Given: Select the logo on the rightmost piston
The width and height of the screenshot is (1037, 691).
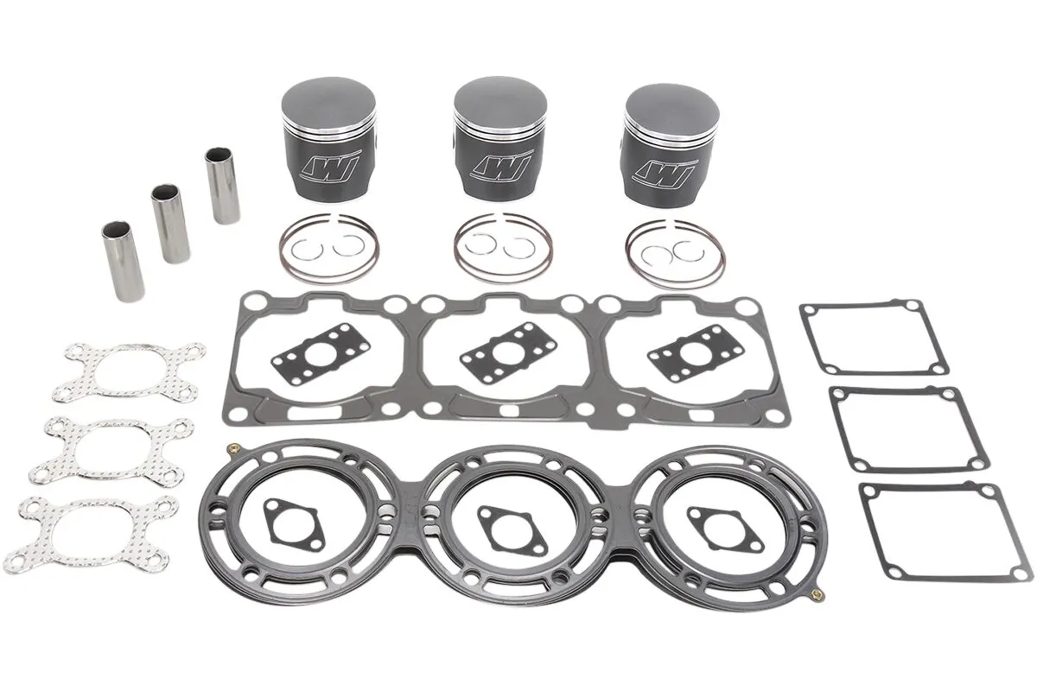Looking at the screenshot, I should tap(664, 170).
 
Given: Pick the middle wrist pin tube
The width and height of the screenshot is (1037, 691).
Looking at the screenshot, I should tap(171, 223).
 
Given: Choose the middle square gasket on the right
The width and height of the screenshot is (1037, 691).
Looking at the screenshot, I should tap(896, 429).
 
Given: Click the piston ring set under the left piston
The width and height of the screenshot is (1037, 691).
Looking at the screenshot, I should tap(326, 249).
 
